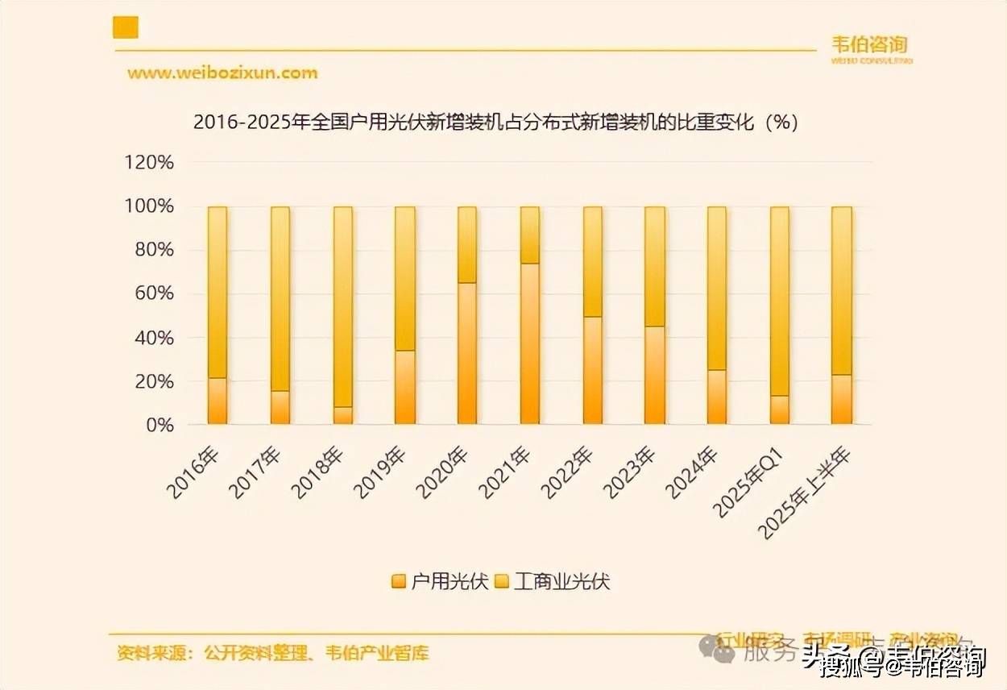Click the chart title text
pos(495,123)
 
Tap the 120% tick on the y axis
pos(149,163)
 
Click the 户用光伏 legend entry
pos(440,581)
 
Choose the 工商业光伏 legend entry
pos(553,581)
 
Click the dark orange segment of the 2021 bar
pos(529,343)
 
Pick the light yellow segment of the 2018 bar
pos(343,306)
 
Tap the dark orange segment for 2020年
pos(467,352)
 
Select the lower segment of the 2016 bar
pos(218,401)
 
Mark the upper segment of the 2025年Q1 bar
pos(779,301)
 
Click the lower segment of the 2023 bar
pos(654,375)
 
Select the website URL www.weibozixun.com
pos(222,73)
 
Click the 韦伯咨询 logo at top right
pos(870,47)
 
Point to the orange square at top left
pos(126,27)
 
